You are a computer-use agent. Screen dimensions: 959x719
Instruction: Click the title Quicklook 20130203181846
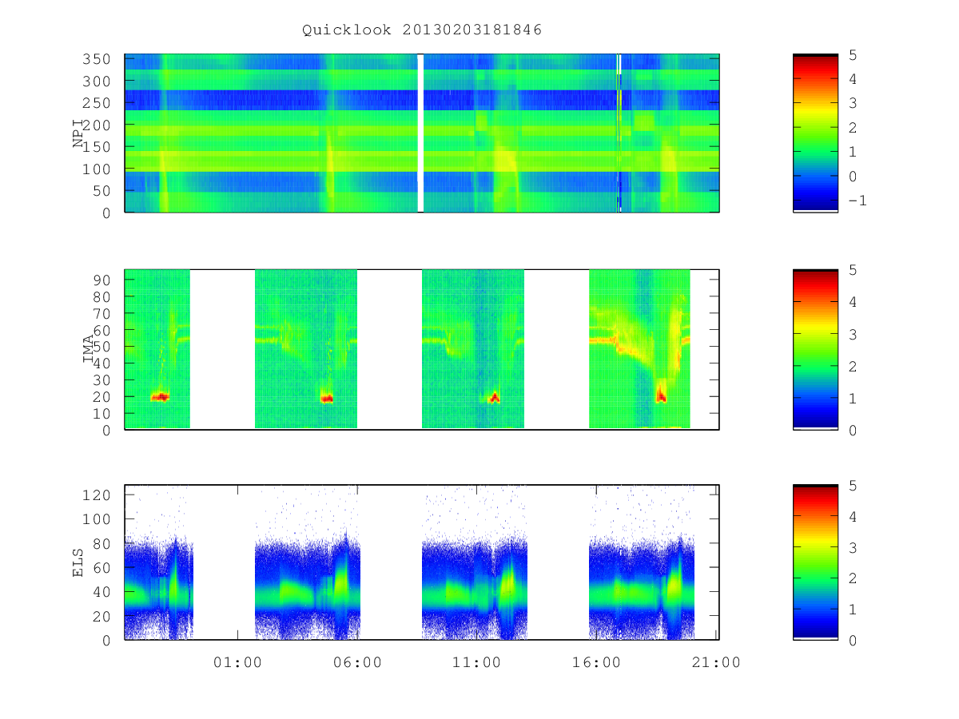(x=422, y=30)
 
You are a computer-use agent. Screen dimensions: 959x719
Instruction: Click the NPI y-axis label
(x=78, y=133)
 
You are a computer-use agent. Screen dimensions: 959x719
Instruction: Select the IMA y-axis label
(x=88, y=349)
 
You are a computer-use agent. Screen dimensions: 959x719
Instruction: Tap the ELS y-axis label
(x=78, y=562)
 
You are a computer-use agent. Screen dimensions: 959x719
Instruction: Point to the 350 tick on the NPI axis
(x=97, y=59)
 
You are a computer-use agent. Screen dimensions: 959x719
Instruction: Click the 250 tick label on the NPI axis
(x=97, y=103)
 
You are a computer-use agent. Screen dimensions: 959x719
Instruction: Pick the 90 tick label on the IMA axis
(x=101, y=280)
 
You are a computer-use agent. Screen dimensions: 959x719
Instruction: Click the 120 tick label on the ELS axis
(x=97, y=495)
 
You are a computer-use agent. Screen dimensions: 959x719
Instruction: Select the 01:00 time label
(x=237, y=662)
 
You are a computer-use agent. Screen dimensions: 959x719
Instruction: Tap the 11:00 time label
(x=476, y=662)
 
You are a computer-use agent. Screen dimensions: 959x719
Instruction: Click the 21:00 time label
(x=715, y=662)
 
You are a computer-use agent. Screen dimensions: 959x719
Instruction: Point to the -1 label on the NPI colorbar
(x=858, y=201)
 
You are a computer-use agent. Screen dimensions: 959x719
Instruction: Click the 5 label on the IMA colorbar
(x=853, y=270)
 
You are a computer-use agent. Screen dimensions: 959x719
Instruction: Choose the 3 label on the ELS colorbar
(x=853, y=548)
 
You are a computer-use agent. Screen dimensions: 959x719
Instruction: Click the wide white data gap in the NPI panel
(x=420, y=133)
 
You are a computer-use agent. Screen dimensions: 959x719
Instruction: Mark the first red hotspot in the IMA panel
(x=160, y=397)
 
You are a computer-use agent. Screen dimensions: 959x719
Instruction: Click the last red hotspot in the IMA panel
(x=661, y=394)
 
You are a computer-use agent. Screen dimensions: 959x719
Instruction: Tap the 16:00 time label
(x=596, y=662)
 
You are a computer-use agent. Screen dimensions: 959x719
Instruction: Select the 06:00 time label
(x=357, y=662)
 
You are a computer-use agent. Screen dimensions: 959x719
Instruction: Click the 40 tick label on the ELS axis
(x=101, y=592)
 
